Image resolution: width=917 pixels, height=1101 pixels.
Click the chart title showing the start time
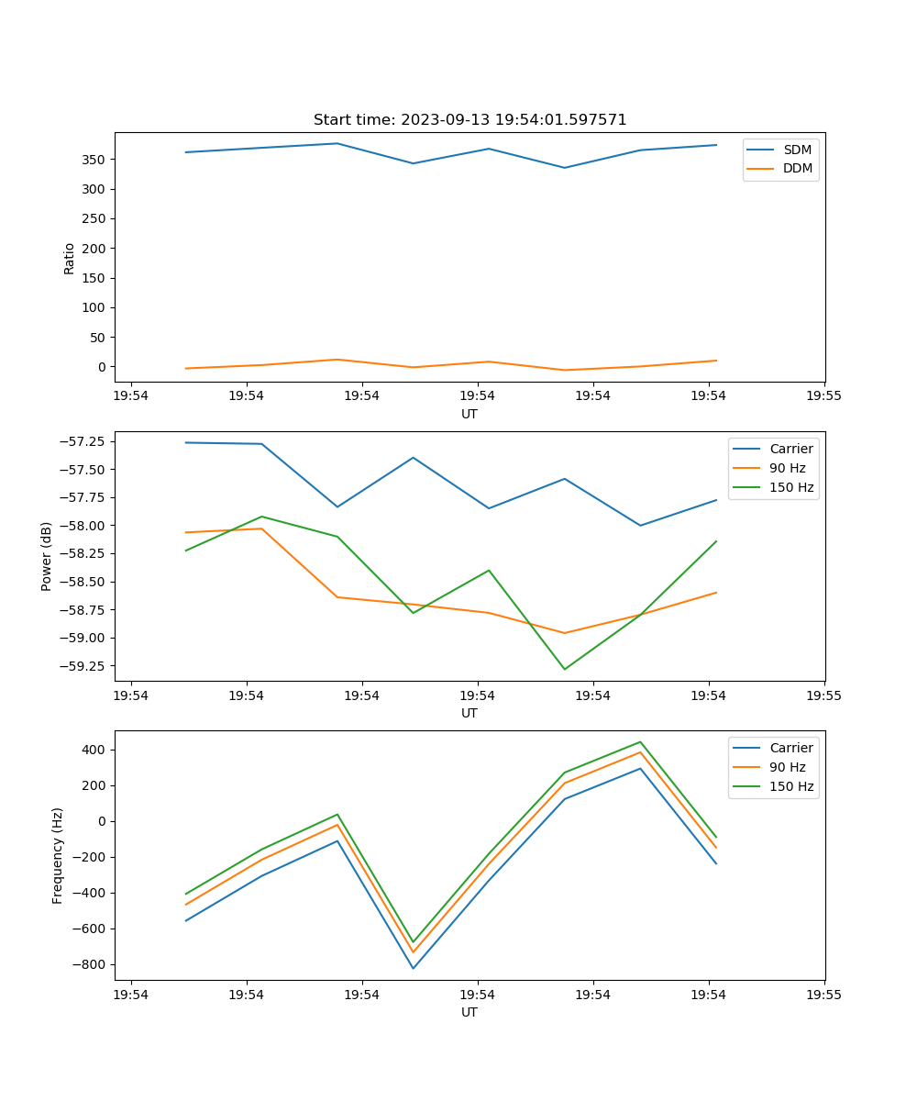470,120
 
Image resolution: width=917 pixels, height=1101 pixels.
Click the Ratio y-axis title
70,258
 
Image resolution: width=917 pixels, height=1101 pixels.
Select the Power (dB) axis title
47,556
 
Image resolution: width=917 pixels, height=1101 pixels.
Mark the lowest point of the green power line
564,669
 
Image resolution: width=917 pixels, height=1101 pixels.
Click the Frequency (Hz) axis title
58,855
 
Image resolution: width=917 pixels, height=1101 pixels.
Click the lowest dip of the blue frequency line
413,968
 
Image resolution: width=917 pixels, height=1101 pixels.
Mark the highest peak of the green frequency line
640,742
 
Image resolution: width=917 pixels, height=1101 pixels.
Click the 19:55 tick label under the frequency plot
823,994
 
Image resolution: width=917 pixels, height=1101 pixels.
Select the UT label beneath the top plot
470,414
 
